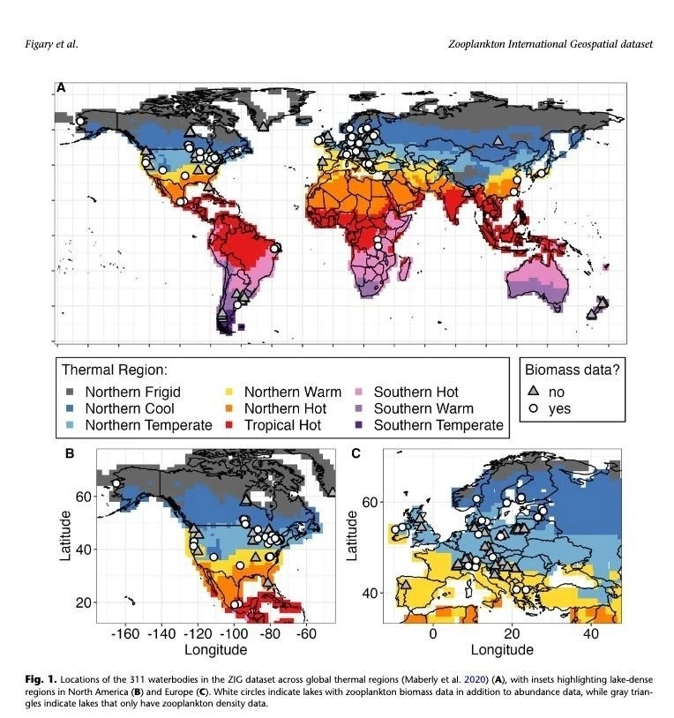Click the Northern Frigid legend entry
pyautogui.click(x=123, y=392)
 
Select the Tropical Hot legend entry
pyautogui.click(x=273, y=425)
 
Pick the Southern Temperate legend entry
pyautogui.click(x=429, y=425)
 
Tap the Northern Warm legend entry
pyautogui.click(x=283, y=392)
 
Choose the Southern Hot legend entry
pyautogui.click(x=406, y=392)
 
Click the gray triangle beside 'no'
pyautogui.click(x=533, y=391)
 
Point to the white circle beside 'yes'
pyautogui.click(x=533, y=408)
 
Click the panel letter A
pyautogui.click(x=61, y=87)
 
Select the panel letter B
pyautogui.click(x=70, y=453)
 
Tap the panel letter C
pyautogui.click(x=356, y=453)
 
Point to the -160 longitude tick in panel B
pyautogui.click(x=125, y=633)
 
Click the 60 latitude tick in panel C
pyautogui.click(x=370, y=502)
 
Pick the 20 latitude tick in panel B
pyautogui.click(x=83, y=602)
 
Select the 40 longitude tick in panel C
pyautogui.click(x=591, y=633)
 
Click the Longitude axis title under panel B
pyautogui.click(x=215, y=650)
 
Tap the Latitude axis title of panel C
pyautogui.click(x=352, y=535)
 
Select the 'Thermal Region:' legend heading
pyautogui.click(x=115, y=370)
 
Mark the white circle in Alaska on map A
pyautogui.click(x=80, y=122)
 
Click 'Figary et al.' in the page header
pyautogui.click(x=51, y=44)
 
